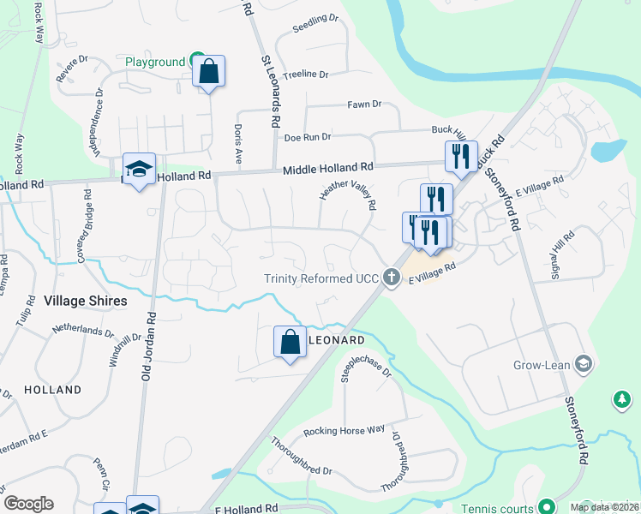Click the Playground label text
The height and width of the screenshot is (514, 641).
click(155, 62)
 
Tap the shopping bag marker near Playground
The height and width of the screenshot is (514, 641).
click(208, 72)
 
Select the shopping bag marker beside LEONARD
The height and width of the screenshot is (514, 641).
click(290, 343)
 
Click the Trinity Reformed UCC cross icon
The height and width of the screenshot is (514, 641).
click(392, 277)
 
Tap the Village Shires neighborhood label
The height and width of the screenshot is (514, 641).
click(85, 301)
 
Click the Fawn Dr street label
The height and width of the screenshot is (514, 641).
click(364, 105)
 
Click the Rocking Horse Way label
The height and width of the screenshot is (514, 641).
click(344, 430)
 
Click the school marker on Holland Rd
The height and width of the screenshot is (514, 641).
click(139, 170)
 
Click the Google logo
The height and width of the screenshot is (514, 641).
click(28, 504)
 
